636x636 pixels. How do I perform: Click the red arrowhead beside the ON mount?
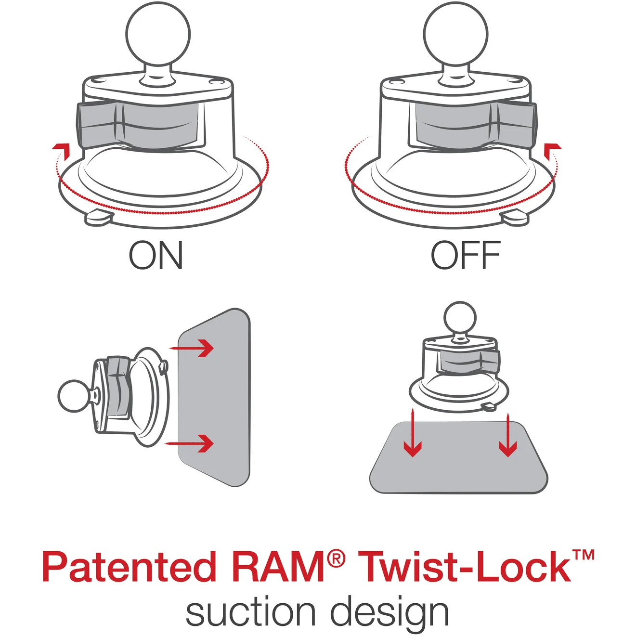click(62, 149)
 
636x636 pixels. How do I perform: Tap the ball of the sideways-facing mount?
click(74, 396)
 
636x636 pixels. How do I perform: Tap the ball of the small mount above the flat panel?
click(460, 317)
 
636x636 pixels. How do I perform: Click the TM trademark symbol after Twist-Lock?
click(584, 555)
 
